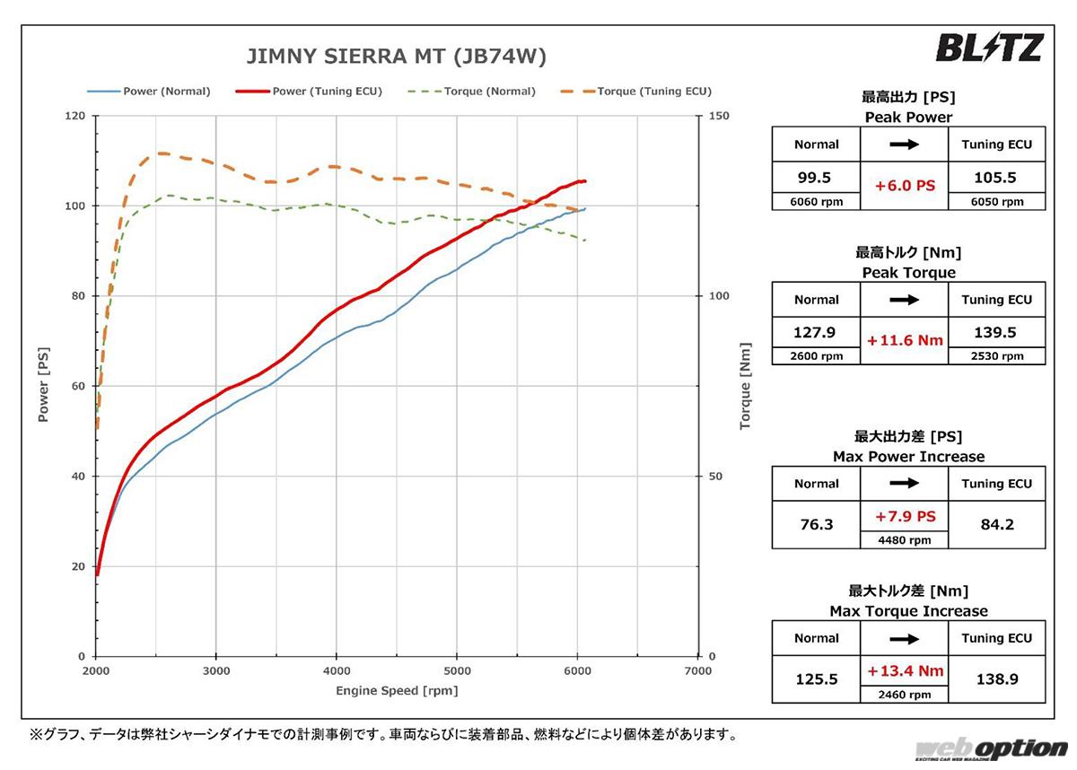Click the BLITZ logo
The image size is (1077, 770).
click(988, 48)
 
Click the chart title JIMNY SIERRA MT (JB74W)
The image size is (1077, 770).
click(396, 57)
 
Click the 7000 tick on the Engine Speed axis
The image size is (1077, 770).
click(697, 671)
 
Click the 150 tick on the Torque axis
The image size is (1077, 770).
click(719, 117)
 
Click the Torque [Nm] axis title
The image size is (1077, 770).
click(745, 387)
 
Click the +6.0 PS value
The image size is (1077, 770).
click(904, 186)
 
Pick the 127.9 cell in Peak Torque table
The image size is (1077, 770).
click(816, 333)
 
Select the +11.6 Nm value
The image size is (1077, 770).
click(904, 341)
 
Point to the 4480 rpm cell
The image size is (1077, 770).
click(904, 539)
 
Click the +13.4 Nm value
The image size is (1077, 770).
click(904, 670)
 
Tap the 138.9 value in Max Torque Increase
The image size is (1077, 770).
click(996, 680)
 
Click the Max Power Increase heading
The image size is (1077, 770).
click(908, 457)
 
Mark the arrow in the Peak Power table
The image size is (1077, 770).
click(904, 144)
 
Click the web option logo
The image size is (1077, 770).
click(991, 748)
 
